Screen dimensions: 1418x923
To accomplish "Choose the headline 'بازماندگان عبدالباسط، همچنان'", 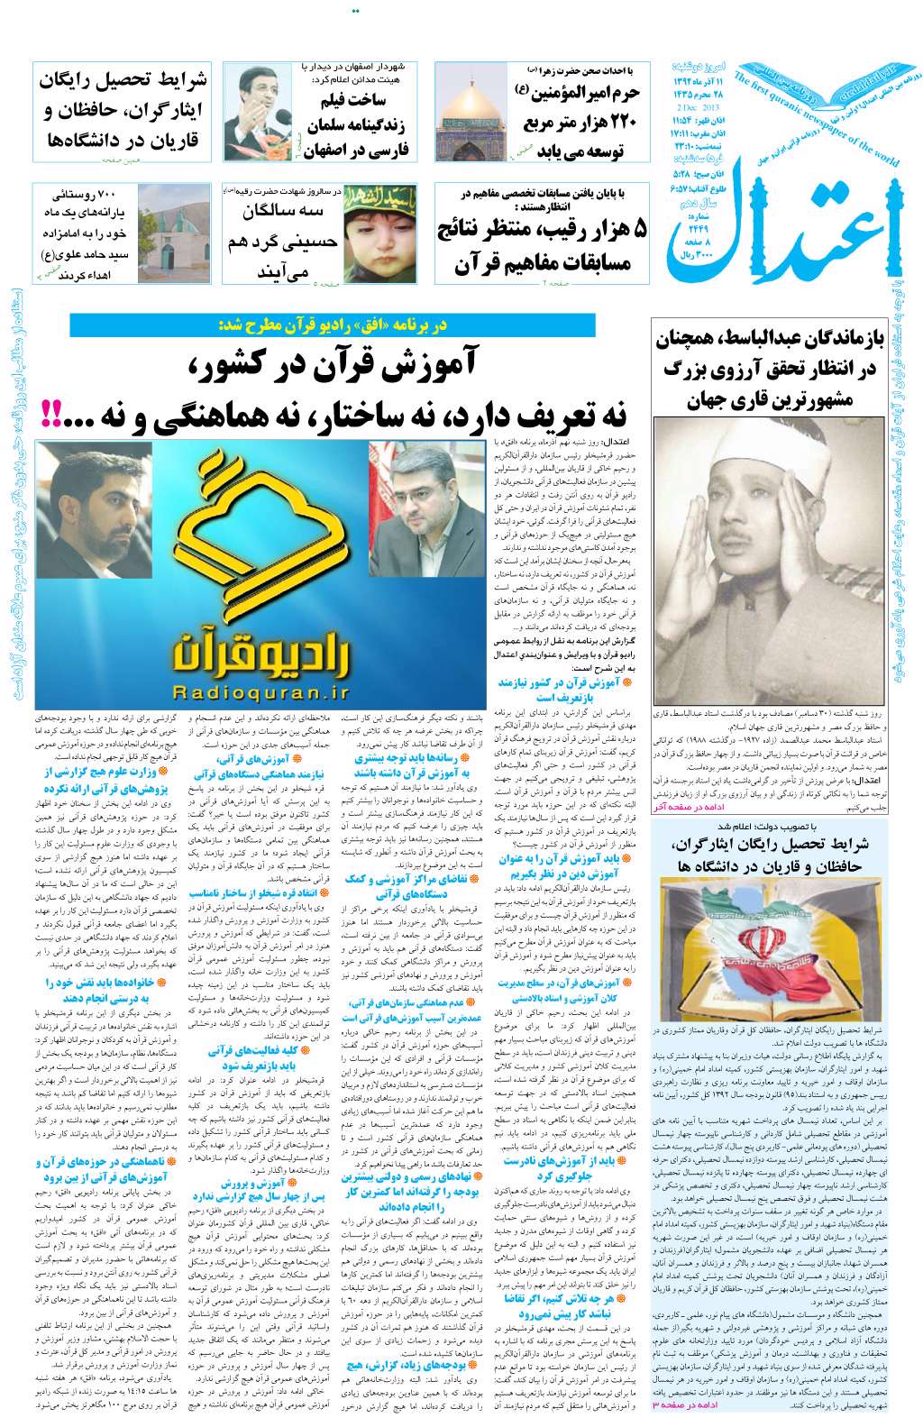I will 767,342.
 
